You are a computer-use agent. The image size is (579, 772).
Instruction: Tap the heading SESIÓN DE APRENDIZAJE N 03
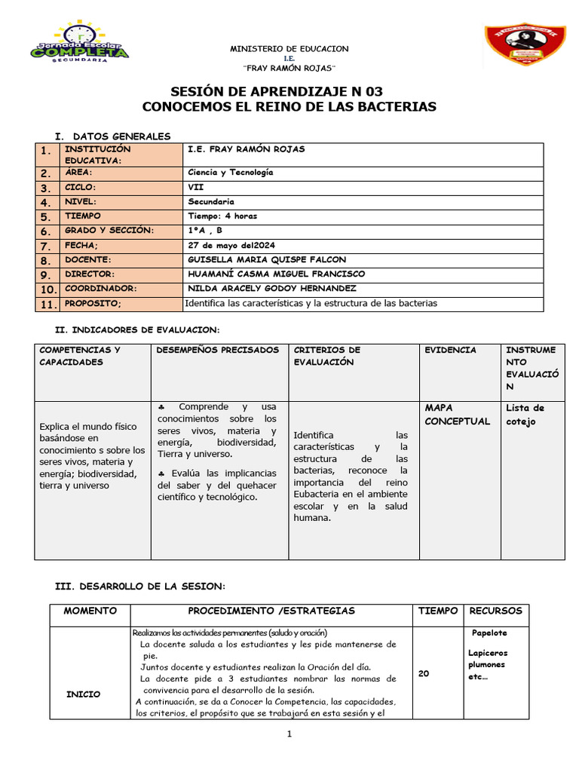[x=289, y=91]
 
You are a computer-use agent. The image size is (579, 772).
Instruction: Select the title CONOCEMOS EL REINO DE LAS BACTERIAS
[x=289, y=107]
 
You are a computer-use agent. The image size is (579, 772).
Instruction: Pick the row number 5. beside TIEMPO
[x=45, y=217]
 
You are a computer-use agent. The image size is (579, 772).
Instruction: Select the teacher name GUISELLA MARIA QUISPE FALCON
[x=266, y=260]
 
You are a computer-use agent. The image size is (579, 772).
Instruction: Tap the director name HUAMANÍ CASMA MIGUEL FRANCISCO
[x=275, y=274]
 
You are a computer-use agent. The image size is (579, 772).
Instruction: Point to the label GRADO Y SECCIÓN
[x=109, y=231]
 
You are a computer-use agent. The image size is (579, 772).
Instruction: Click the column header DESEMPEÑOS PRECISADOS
[x=217, y=351]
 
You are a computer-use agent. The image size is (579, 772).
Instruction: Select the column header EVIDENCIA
[x=450, y=351]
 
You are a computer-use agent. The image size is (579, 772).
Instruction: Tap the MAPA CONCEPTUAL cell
[x=457, y=415]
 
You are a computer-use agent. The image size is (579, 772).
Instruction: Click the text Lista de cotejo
[x=525, y=415]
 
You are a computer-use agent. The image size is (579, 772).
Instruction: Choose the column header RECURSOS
[x=495, y=611]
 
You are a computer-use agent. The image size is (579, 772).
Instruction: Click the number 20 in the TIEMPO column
[x=424, y=674]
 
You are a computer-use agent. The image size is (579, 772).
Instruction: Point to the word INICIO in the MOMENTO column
[x=83, y=694]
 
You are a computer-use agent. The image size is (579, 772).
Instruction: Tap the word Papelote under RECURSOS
[x=489, y=633]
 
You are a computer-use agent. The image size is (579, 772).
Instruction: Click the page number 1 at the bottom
[x=289, y=736]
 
